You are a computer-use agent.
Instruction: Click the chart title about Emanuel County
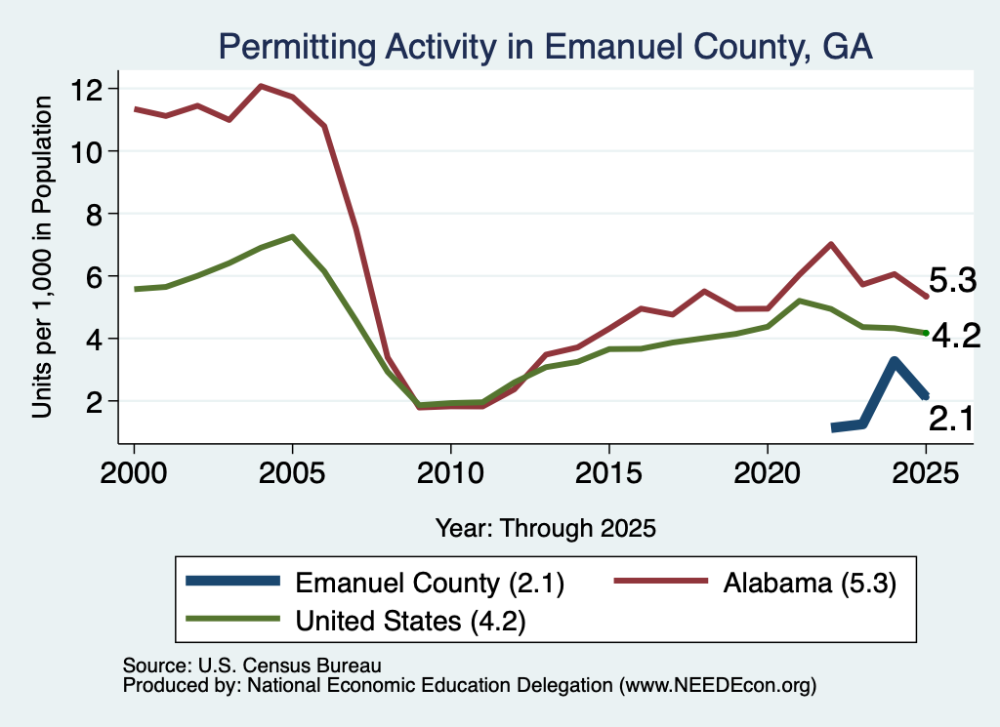click(x=545, y=47)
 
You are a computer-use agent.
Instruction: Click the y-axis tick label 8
click(x=95, y=214)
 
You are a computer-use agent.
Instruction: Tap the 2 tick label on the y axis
click(x=95, y=402)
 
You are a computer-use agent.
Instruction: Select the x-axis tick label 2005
click(x=292, y=473)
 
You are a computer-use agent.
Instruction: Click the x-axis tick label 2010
click(x=450, y=473)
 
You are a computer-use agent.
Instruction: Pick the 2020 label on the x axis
click(x=768, y=473)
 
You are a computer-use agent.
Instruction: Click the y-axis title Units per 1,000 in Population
click(x=42, y=257)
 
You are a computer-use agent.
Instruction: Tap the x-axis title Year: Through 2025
click(x=546, y=528)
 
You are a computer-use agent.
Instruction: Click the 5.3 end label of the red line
click(x=952, y=280)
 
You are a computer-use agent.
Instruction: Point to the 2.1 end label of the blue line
click(x=951, y=420)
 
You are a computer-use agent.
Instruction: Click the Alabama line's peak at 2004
click(x=261, y=85)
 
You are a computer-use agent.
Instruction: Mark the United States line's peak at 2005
click(x=292, y=237)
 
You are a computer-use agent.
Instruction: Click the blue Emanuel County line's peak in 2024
click(x=895, y=361)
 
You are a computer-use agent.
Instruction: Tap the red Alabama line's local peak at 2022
click(x=831, y=244)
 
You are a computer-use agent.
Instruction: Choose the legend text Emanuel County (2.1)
click(x=430, y=583)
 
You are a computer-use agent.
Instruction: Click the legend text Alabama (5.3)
click(x=810, y=583)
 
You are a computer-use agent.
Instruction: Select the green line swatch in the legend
click(x=232, y=619)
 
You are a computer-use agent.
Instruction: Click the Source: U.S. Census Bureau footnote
click(x=252, y=666)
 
